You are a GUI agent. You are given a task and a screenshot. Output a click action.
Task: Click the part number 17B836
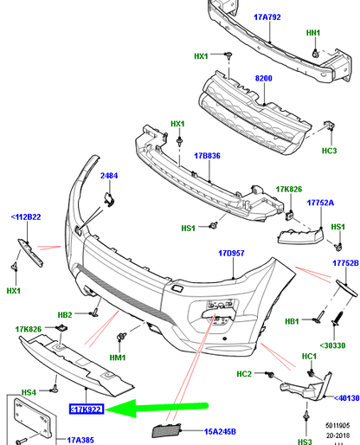point(209,156)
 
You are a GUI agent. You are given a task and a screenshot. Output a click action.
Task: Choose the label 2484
point(109,177)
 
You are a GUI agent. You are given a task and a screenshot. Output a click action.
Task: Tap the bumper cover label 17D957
point(231,254)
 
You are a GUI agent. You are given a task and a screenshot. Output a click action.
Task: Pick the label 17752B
point(345,263)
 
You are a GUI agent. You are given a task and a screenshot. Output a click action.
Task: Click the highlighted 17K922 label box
point(86,409)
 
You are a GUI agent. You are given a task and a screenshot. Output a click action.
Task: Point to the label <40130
point(343,398)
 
